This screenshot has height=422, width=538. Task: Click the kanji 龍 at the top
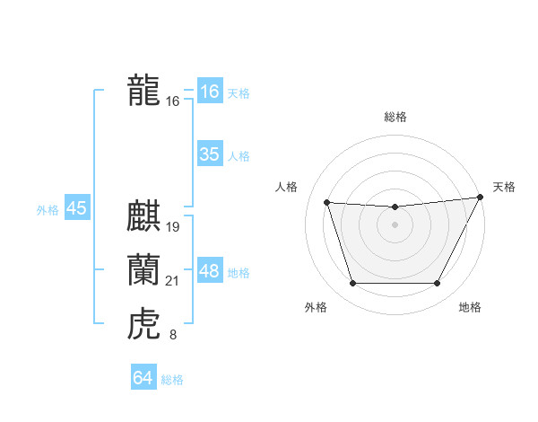[143, 90]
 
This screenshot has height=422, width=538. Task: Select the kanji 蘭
[143, 269]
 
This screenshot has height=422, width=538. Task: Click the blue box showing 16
[209, 92]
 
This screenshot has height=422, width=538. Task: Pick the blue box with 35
[209, 154]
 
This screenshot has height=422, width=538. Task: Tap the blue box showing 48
[209, 271]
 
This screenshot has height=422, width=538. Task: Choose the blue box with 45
[76, 209]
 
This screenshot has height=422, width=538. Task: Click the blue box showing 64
[143, 378]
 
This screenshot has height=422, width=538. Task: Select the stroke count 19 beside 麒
[173, 227]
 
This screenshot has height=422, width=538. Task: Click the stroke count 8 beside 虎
[173, 336]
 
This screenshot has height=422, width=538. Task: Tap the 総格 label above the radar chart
[395, 117]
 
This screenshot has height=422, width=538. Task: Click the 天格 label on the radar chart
[504, 187]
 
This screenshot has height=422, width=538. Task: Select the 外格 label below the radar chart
[316, 307]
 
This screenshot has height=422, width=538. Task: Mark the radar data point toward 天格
[481, 198]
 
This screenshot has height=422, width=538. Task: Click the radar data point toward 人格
[326, 203]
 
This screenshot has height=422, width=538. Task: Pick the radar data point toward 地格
[437, 284]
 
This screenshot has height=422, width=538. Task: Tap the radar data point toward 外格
[352, 284]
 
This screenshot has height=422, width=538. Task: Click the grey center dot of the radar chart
[395, 225]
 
